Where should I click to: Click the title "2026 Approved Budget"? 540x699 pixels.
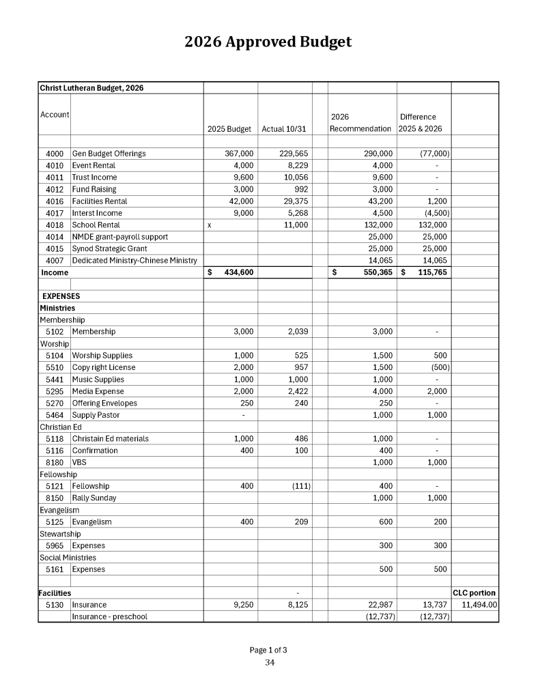[268, 42]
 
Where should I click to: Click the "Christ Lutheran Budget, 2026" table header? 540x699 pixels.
[91, 88]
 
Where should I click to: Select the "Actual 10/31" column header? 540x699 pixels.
[284, 128]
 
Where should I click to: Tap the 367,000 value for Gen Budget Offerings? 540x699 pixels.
[239, 154]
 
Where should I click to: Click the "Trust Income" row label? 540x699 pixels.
[94, 177]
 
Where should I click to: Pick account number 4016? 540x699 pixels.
[55, 201]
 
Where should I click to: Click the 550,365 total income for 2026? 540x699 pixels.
[373, 273]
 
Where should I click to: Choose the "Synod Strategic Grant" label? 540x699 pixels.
[109, 248]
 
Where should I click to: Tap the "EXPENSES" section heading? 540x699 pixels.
[61, 296]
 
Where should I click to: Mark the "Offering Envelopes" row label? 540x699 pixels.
[104, 403]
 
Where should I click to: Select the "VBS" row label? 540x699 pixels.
[79, 462]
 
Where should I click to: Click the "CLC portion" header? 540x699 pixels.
[474, 593]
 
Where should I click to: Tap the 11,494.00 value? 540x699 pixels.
[479, 605]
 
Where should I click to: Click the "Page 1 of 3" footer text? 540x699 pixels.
[268, 649]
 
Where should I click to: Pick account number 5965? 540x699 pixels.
[55, 545]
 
